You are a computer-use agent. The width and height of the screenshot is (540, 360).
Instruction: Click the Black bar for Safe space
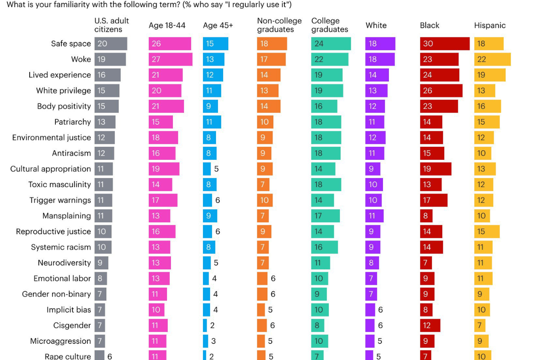tap(445, 44)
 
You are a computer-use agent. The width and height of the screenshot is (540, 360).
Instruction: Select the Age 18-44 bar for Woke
tap(171, 59)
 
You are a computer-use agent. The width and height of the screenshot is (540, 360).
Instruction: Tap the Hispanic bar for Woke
tap(492, 59)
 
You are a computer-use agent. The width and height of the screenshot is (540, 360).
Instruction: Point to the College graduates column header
tap(329, 25)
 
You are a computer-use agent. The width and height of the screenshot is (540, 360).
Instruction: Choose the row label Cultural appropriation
tap(50, 169)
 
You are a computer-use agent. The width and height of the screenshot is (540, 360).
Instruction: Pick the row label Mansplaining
tap(67, 216)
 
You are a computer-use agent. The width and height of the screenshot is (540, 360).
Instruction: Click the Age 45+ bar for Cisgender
tap(205, 325)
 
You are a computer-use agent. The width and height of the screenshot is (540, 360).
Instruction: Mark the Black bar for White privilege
tap(441, 90)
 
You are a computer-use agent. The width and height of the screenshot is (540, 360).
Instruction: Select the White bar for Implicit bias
tap(370, 310)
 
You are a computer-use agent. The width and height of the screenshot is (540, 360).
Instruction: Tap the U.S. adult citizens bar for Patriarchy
tap(105, 122)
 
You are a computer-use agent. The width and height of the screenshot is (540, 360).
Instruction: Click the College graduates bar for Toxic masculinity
tap(326, 184)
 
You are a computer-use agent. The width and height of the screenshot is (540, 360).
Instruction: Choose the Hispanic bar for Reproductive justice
tap(486, 231)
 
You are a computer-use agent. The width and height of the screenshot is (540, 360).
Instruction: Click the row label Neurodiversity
tap(64, 263)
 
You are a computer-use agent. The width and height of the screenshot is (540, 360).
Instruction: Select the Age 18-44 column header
tap(167, 26)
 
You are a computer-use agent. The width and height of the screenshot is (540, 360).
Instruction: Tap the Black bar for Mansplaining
tap(426, 216)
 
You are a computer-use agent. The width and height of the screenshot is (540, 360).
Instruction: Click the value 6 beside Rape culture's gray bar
tap(109, 356)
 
